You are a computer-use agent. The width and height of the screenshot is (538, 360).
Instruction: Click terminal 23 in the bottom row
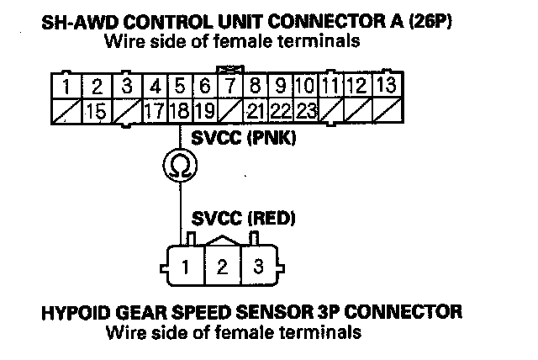point(306,109)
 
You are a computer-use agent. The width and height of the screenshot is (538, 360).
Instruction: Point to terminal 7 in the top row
point(229,85)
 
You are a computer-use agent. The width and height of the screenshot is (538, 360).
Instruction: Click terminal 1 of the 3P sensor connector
point(183,267)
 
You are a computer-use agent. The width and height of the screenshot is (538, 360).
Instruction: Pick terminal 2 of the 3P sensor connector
point(222,267)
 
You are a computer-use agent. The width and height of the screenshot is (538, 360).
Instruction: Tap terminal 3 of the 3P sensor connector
point(259,267)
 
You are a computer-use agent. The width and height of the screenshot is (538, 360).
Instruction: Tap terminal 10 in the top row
point(305,85)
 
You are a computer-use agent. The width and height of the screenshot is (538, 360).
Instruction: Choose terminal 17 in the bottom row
point(154,109)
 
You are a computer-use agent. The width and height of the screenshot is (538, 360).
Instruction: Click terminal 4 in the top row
point(156,85)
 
